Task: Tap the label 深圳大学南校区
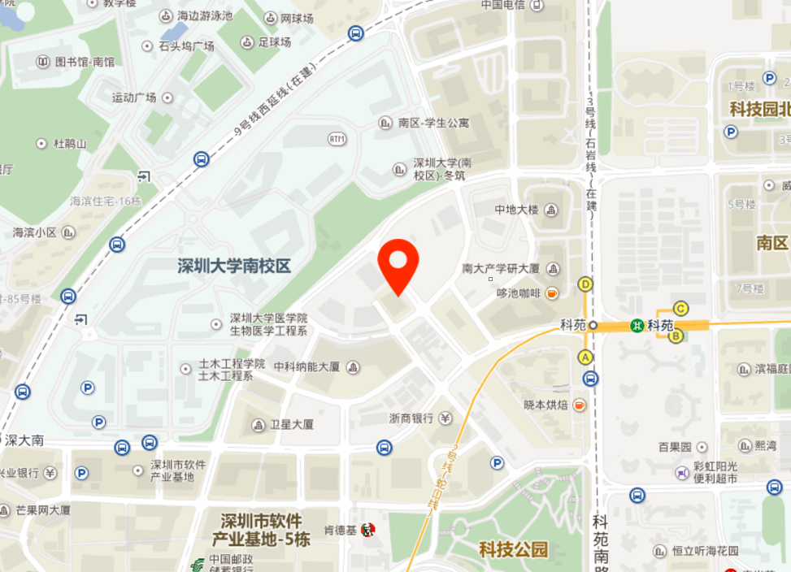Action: coord(234,266)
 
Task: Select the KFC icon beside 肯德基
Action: coord(367,530)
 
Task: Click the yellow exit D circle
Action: coord(585,284)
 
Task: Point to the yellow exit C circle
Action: coord(681,308)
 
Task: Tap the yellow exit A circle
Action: coord(585,357)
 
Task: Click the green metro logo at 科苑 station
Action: coord(638,325)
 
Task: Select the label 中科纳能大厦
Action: coord(306,366)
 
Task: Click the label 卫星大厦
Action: coord(292,424)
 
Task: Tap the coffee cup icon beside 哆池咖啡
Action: coord(552,293)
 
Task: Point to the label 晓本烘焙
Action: coord(545,404)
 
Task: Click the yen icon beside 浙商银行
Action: coord(445,418)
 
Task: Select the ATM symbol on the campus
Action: coord(337,139)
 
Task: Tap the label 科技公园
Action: coord(513,549)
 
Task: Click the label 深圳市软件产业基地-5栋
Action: coord(262,530)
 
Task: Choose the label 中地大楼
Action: coord(516,210)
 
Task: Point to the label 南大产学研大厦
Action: coord(501,268)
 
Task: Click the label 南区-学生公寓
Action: coord(433,123)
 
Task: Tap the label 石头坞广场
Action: coord(186,45)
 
